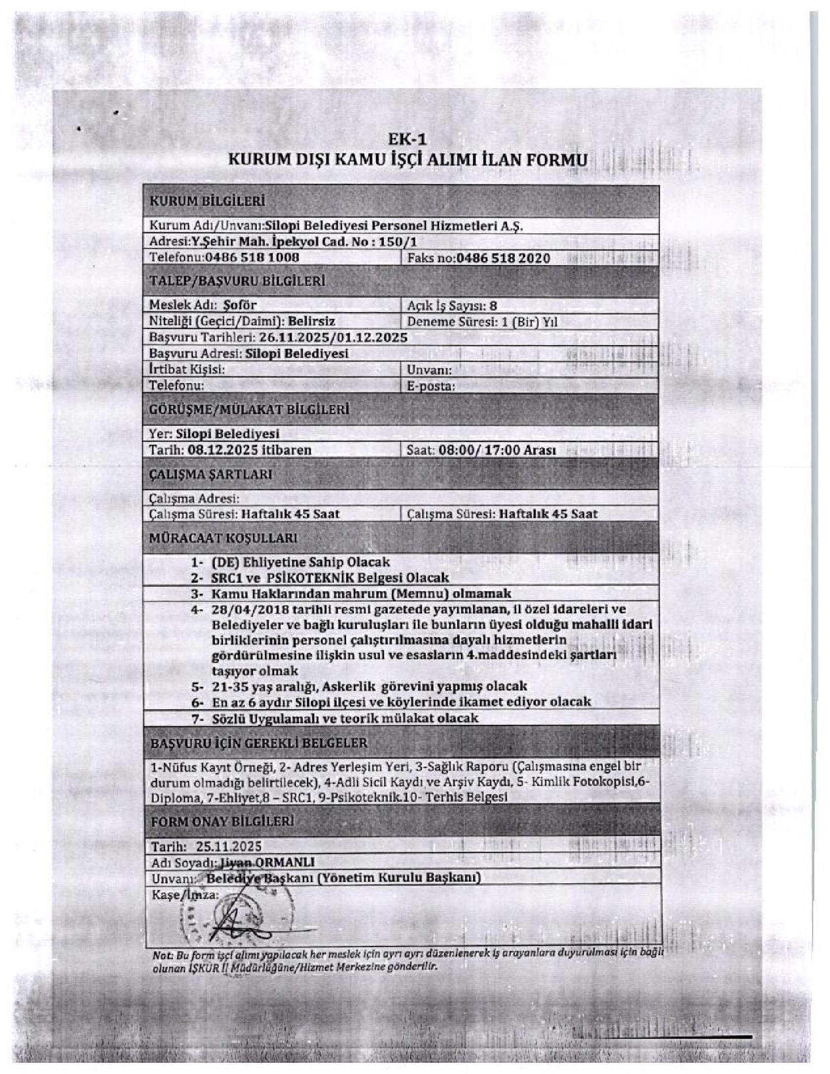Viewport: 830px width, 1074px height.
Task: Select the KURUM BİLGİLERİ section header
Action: click(x=207, y=201)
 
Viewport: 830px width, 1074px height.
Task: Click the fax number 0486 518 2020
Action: click(x=503, y=258)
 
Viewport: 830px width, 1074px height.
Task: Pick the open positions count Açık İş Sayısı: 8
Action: click(x=452, y=305)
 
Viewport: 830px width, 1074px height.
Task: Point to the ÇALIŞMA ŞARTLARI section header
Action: click(x=211, y=474)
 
